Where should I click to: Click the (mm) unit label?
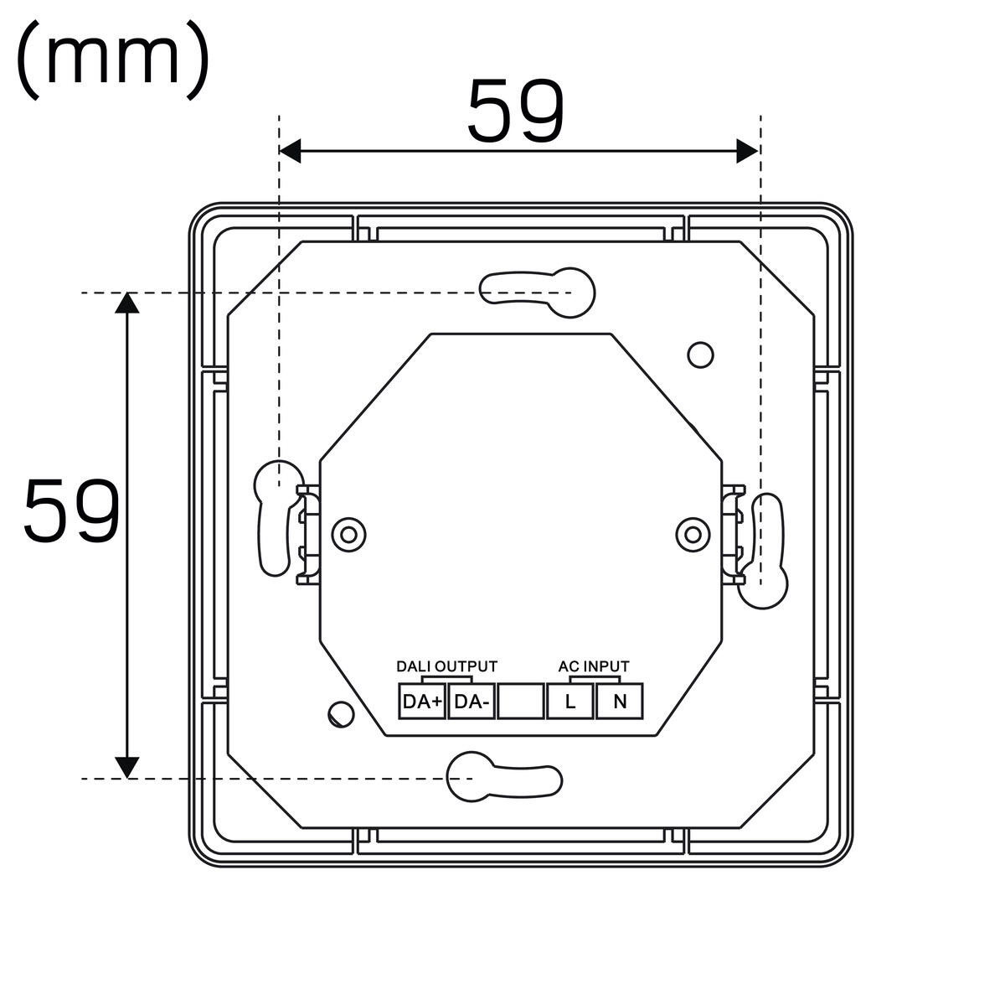(112, 60)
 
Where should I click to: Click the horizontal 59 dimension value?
(516, 111)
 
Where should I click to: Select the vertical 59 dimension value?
(72, 510)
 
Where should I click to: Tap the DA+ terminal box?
(422, 702)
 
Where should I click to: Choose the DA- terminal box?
(472, 702)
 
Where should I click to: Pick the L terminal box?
(570, 702)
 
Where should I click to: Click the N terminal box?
(620, 702)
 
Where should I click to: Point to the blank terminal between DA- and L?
(521, 702)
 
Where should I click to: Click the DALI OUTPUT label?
(447, 666)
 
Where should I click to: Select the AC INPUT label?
(594, 666)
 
